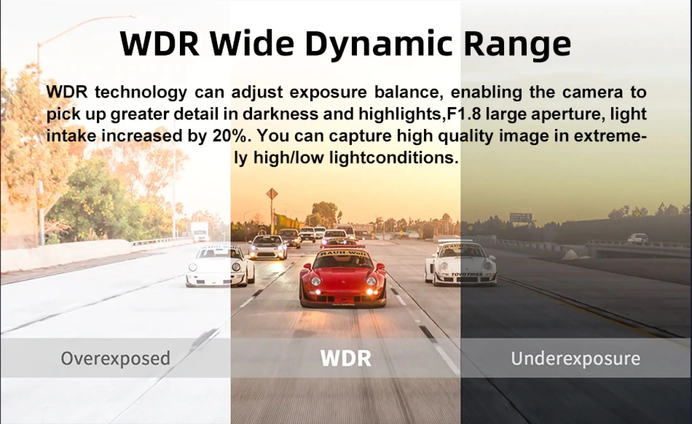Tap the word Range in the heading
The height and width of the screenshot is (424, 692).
[x=517, y=44]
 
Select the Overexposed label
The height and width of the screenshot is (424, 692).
[x=115, y=358]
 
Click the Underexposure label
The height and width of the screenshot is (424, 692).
[x=575, y=358]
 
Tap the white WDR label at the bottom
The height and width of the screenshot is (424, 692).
[x=346, y=358]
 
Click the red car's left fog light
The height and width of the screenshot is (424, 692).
[x=318, y=292]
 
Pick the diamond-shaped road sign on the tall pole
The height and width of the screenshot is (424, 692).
[x=272, y=194]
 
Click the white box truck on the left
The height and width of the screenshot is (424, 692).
[x=199, y=232]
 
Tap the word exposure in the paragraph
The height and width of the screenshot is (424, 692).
[x=328, y=92]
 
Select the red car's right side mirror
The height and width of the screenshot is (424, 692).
[x=381, y=266]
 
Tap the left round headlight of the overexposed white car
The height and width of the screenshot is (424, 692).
[x=193, y=268]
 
